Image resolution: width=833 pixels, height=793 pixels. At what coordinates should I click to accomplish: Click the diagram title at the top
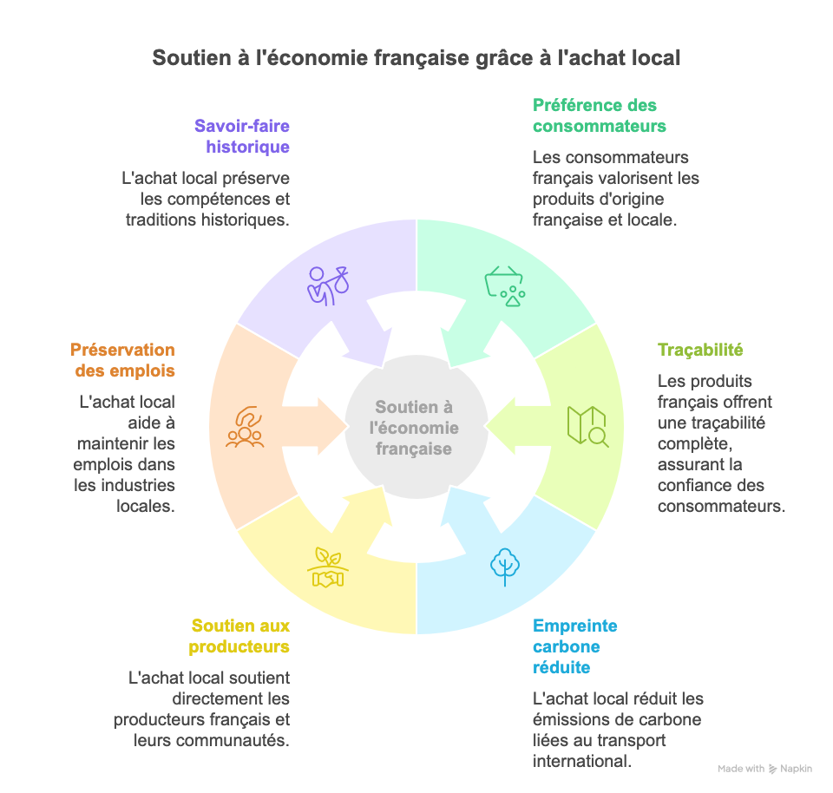416,58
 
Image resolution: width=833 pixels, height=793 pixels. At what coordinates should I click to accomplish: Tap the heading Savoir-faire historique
242,136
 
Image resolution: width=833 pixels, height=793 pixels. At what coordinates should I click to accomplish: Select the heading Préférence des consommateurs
599,115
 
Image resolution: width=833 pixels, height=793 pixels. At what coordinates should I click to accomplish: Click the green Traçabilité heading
700,351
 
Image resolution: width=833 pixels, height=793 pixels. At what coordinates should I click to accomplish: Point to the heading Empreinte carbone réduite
574,646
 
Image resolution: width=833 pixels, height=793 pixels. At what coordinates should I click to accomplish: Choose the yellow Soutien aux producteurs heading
240,636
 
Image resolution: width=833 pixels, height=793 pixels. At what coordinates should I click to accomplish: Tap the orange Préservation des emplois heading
122,360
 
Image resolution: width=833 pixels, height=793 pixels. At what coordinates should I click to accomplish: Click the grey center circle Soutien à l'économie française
414,428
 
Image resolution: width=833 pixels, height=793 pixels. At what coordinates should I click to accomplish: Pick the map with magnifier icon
587,426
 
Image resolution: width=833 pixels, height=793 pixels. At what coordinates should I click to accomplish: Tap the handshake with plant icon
327,567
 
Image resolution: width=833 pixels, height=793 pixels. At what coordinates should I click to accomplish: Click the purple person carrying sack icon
327,284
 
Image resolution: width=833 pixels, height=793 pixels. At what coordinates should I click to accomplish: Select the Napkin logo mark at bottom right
773,769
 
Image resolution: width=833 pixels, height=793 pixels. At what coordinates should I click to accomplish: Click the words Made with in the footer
741,769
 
